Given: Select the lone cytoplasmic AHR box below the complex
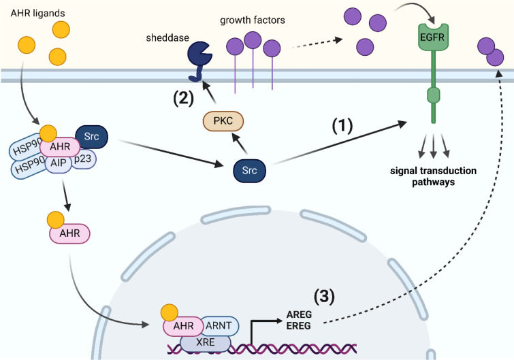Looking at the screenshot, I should coord(69,233).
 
